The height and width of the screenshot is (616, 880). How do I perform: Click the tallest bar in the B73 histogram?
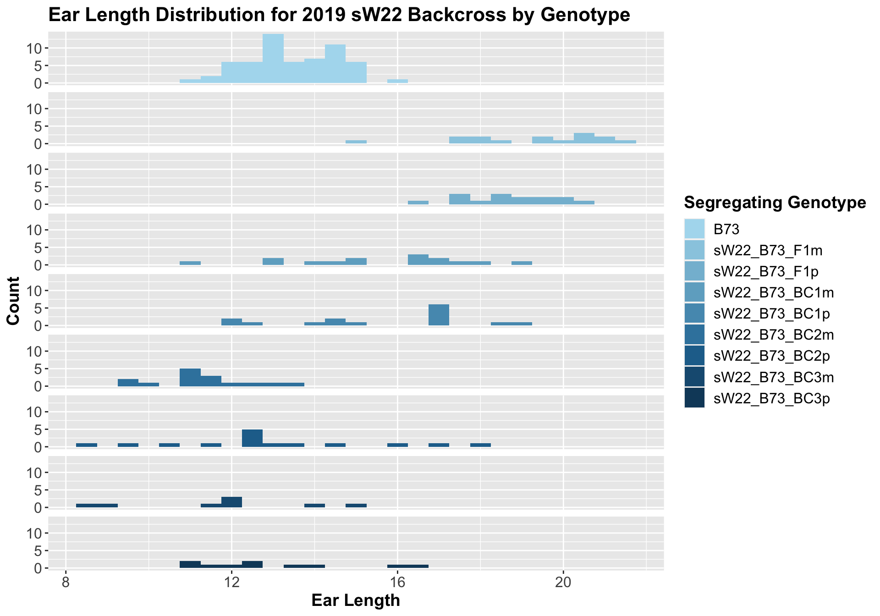click(x=273, y=59)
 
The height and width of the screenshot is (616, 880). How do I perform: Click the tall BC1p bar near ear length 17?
click(x=439, y=315)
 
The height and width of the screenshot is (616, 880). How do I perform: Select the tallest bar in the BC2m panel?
click(x=190, y=377)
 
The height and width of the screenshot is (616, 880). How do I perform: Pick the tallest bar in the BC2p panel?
click(x=252, y=438)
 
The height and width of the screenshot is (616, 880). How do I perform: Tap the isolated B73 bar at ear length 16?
click(x=397, y=81)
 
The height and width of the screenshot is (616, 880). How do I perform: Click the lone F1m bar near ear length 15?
click(x=356, y=142)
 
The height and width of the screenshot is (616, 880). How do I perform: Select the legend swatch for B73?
click(x=694, y=229)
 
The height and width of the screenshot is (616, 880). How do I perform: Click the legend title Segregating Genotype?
click(x=775, y=203)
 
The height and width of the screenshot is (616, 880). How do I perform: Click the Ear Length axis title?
click(x=356, y=600)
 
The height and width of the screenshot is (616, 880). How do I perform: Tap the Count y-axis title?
click(x=14, y=301)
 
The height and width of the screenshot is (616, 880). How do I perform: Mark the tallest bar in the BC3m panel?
click(x=231, y=502)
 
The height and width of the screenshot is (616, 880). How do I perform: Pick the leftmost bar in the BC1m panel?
click(x=190, y=263)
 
